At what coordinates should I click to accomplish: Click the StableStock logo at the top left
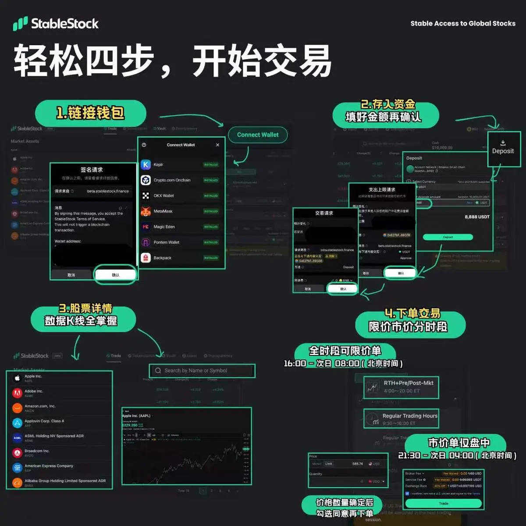point(56,24)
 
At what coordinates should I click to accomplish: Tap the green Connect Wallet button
point(258,135)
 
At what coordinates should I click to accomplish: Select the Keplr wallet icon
point(146,164)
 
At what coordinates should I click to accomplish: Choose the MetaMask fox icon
point(146,211)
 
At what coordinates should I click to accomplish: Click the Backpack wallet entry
point(162,258)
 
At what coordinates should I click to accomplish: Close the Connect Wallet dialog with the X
point(217,145)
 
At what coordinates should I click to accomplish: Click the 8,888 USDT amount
point(477,217)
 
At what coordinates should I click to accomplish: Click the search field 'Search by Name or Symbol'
point(202,370)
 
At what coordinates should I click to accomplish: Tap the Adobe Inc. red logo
point(17,393)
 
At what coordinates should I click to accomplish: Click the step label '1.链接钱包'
point(90,113)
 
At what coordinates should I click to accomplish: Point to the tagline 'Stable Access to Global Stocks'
point(463,24)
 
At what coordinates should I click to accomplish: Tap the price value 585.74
point(357,464)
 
